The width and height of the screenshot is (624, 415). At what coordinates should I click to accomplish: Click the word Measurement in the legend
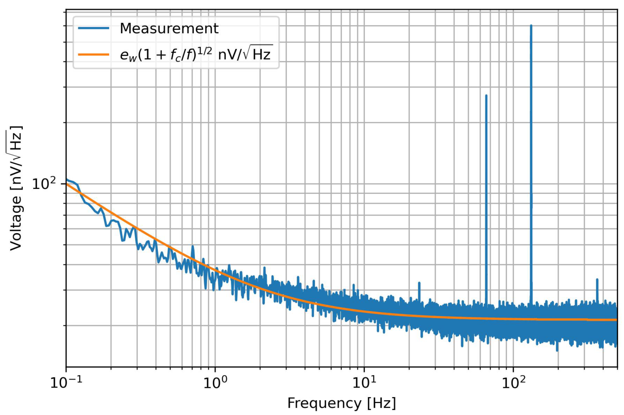coord(169,29)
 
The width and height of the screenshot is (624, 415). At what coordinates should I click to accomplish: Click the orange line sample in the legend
coord(93,54)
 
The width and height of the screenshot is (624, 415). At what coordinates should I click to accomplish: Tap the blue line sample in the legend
coord(93,28)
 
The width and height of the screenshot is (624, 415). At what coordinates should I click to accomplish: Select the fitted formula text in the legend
coord(196,54)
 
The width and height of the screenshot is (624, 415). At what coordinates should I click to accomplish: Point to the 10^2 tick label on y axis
coord(44,184)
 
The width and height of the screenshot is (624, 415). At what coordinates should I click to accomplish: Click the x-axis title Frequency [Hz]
coord(341,403)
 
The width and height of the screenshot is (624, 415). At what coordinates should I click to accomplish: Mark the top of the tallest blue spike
coord(531,26)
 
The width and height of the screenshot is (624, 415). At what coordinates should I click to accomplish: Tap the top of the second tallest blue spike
coord(486,96)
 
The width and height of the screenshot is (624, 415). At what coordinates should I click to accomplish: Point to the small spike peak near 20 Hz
coord(419,283)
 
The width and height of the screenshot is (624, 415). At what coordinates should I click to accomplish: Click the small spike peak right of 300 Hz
coord(597,279)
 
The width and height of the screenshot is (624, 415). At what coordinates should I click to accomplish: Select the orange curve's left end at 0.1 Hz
coord(67,184)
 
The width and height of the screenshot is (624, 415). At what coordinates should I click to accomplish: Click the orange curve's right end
coord(617,320)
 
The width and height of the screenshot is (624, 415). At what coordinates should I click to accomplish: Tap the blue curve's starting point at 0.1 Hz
coord(67,179)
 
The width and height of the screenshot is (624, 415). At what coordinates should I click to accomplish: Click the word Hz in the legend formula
coord(261,54)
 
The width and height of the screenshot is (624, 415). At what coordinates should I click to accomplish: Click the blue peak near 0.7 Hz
coord(193,246)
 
